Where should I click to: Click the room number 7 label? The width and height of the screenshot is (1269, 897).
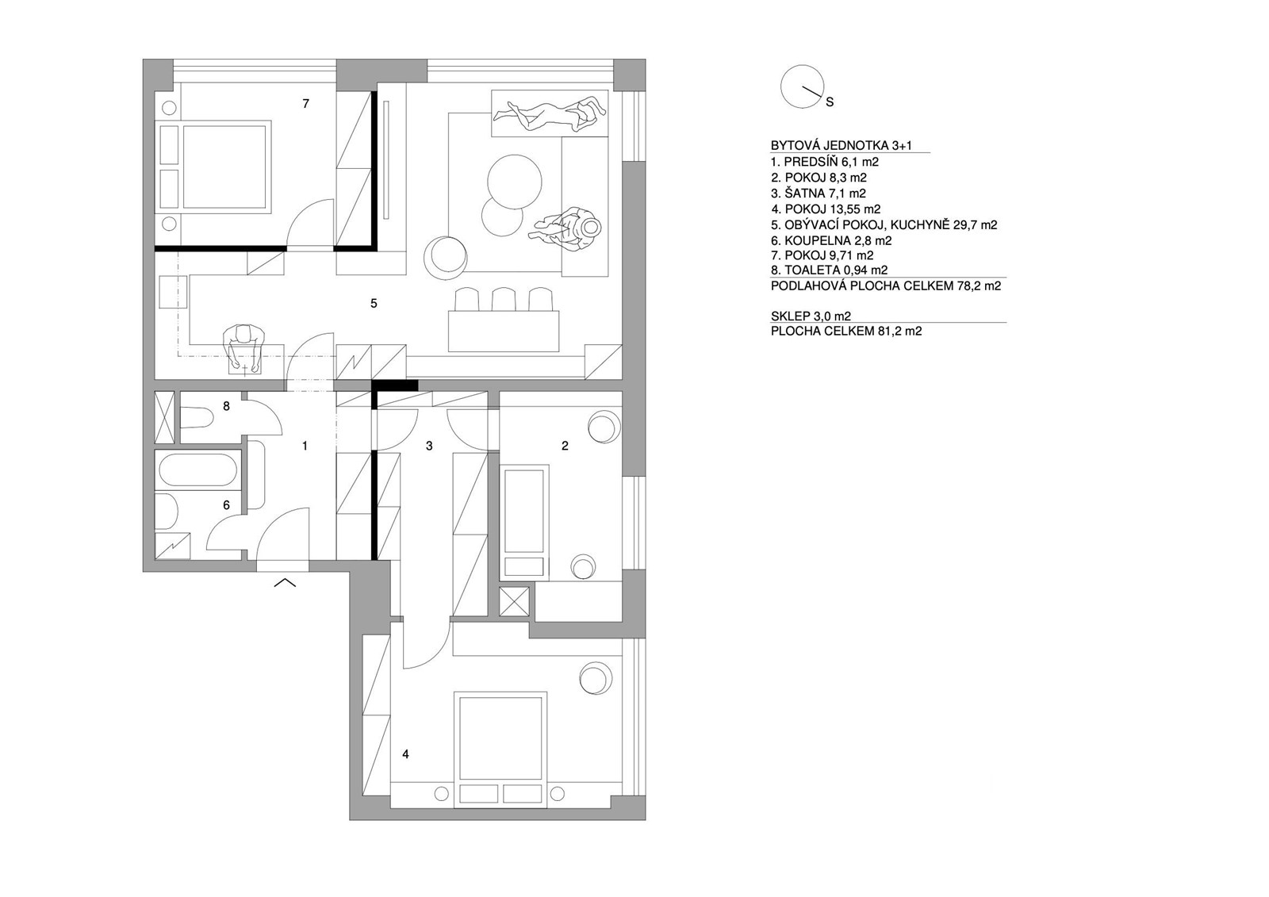pyautogui.click(x=306, y=104)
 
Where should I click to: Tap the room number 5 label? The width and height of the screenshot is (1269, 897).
pyautogui.click(x=374, y=304)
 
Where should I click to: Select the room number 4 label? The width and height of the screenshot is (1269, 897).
pyautogui.click(x=405, y=754)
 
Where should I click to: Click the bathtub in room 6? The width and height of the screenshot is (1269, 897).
pyautogui.click(x=197, y=470)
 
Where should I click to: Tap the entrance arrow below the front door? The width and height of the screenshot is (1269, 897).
pyautogui.click(x=285, y=582)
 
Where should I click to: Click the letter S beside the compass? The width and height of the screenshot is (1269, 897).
pyautogui.click(x=830, y=102)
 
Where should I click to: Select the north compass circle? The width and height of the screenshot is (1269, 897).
pyautogui.click(x=802, y=86)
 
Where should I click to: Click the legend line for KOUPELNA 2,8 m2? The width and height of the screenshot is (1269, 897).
pyautogui.click(x=831, y=241)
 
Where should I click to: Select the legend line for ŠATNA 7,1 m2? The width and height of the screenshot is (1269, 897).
pyautogui.click(x=818, y=194)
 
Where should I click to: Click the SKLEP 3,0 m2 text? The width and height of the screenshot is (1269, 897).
pyautogui.click(x=811, y=316)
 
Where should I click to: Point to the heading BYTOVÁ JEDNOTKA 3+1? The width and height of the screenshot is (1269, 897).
pyautogui.click(x=842, y=146)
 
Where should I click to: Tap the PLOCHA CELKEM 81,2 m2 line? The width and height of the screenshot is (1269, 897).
pyautogui.click(x=846, y=332)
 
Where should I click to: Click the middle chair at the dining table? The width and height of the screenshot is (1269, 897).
pyautogui.click(x=504, y=300)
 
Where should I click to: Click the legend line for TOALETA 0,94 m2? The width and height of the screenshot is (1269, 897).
pyautogui.click(x=829, y=270)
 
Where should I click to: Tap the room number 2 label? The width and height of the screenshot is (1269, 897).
pyautogui.click(x=565, y=446)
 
